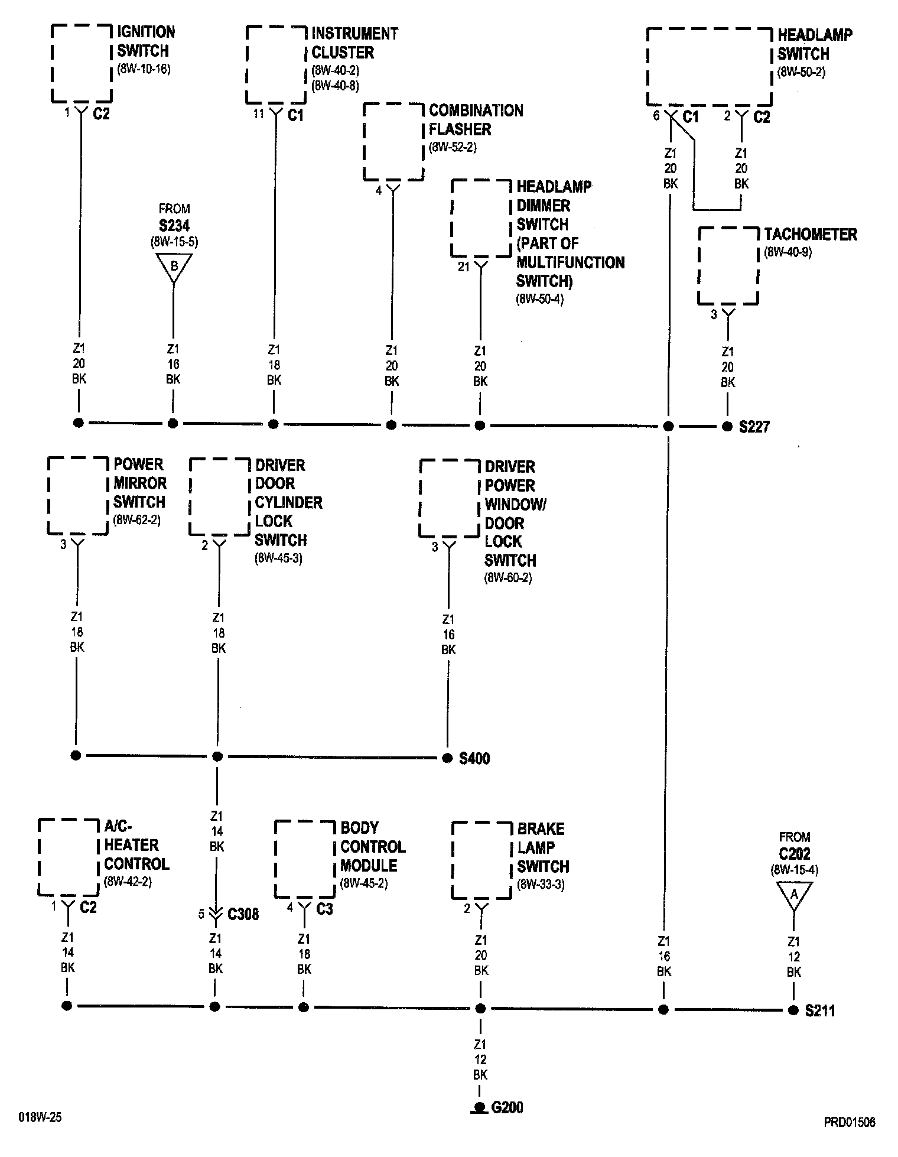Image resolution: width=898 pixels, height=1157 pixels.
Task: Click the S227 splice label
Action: (754, 427)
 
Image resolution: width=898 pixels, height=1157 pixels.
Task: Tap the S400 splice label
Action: (474, 758)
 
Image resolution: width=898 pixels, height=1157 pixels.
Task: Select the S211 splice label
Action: (820, 1010)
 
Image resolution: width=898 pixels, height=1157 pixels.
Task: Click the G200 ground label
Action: (507, 1107)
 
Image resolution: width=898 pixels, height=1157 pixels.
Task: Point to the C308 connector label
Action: (243, 915)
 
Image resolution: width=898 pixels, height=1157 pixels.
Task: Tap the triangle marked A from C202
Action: (794, 895)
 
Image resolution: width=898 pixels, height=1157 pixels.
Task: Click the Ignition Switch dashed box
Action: (82, 63)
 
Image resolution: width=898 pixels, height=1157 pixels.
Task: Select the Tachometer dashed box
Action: (728, 266)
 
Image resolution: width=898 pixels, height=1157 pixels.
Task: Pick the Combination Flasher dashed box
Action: (393, 142)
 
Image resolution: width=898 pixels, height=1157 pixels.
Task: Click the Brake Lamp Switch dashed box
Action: (481, 860)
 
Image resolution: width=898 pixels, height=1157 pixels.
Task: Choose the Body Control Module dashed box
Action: (305, 859)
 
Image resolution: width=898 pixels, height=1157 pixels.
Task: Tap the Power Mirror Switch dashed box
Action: (77, 496)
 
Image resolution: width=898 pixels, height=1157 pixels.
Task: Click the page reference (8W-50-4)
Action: (540, 299)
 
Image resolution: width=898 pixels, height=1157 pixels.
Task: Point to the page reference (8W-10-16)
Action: (144, 69)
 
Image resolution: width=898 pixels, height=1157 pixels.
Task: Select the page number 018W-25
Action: (40, 1118)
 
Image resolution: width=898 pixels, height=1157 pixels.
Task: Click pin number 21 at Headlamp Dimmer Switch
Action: (464, 268)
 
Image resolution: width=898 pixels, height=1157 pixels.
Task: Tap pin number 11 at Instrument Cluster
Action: (258, 113)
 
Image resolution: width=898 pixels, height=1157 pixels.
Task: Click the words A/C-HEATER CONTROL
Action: (136, 845)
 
